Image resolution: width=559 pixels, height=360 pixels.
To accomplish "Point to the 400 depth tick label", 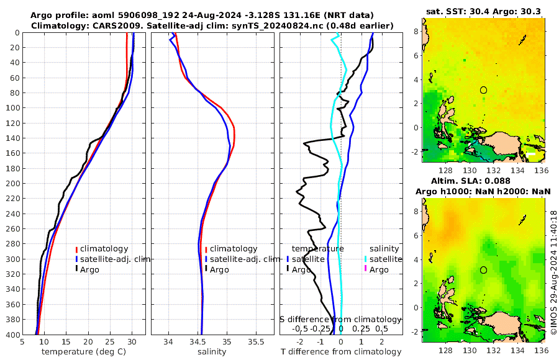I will click(x=12, y=335).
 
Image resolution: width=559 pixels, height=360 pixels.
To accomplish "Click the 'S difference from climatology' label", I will click(x=340, y=318).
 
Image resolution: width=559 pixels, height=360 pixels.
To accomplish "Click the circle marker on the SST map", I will click(x=483, y=90).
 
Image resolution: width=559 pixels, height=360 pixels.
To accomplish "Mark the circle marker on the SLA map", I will click(x=483, y=270).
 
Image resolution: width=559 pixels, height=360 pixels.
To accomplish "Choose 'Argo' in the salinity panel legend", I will click(x=219, y=269).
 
